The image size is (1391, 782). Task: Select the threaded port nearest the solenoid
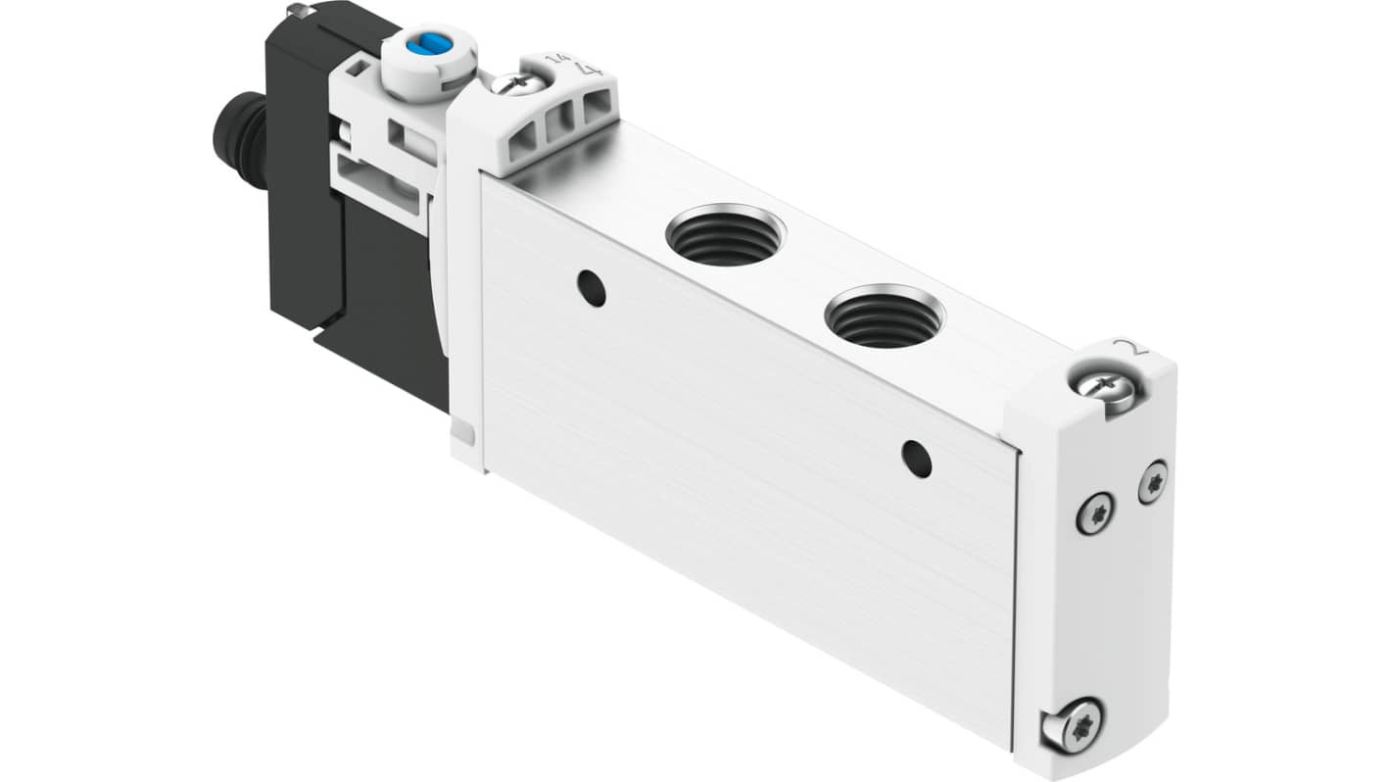pos(725,236)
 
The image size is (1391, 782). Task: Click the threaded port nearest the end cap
pos(885,317)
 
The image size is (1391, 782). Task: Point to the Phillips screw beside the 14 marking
pos(518,83)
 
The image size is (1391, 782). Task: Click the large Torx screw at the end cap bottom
pos(1071,725)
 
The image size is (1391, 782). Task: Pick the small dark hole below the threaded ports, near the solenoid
pos(591,287)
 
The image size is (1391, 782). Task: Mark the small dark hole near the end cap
pos(917,459)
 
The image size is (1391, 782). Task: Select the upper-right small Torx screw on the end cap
pos(1153,481)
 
